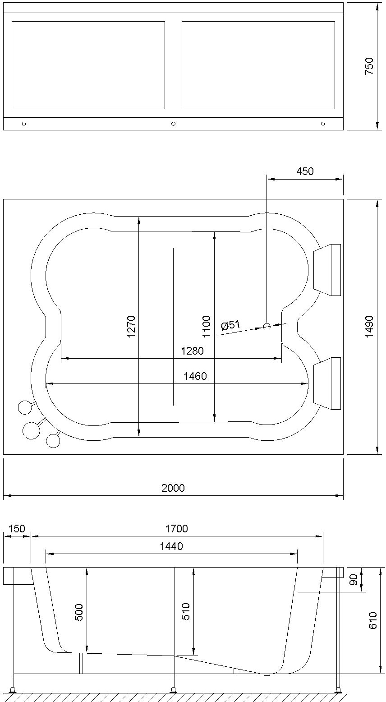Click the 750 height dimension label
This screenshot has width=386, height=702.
point(369,66)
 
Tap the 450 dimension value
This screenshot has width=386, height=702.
point(305,171)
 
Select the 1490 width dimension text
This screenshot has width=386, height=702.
point(369,327)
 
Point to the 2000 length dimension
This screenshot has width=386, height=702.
point(173,488)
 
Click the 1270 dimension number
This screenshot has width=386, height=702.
point(131,327)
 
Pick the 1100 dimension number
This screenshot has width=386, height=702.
point(207,327)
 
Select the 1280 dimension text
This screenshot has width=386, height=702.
point(193,351)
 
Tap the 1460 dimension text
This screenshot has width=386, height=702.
point(195,376)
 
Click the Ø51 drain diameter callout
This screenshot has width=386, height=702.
point(231,326)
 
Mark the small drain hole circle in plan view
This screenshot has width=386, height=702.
point(267,327)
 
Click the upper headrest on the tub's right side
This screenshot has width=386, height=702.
point(327,270)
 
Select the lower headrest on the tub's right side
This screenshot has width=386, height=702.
point(327,383)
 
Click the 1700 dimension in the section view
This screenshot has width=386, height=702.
point(176,529)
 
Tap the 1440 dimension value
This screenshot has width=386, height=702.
point(172,547)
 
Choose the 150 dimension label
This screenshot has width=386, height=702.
point(17,529)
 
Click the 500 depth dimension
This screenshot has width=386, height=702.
point(79,612)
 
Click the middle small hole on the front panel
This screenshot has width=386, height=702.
point(173,124)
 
